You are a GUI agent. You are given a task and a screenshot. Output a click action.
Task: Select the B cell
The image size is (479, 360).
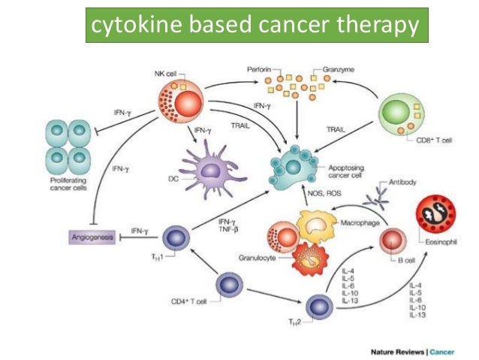tap(393, 241)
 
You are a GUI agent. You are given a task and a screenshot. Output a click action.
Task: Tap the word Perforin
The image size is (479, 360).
tap(259, 69)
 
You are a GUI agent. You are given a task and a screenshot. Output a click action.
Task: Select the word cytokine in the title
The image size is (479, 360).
tap(134, 26)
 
